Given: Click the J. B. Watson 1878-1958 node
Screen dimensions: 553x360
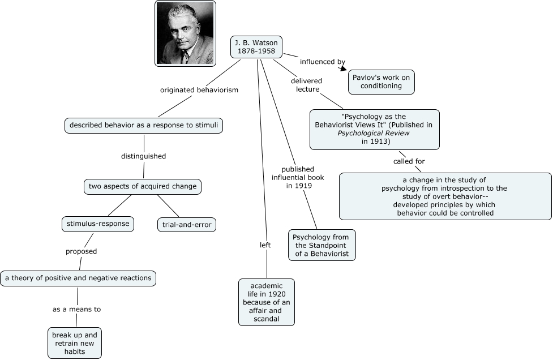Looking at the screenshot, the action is point(256,47).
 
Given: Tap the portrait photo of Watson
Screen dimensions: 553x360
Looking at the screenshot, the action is point(185,33).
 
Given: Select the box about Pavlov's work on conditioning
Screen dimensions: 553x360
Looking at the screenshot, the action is point(381,82).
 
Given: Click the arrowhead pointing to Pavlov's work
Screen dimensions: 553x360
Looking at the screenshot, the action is point(344,68).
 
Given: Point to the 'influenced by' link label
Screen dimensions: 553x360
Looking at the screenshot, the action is point(323,62).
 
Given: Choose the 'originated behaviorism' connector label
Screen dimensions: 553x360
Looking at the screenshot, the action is point(199,90).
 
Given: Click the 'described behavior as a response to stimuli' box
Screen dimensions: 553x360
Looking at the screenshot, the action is point(144,126).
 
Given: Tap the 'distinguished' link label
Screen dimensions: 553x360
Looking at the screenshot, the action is point(144,156).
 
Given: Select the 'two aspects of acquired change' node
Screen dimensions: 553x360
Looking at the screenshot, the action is point(143,187).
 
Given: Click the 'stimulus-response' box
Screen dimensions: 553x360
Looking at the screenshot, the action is point(98,224).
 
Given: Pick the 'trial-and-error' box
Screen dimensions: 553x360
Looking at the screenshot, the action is point(187,225).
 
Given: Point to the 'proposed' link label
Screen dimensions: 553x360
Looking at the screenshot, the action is point(81,251).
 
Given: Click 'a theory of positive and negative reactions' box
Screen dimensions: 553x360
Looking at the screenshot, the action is point(78,278).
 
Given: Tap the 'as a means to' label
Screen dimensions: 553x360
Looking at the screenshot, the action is point(76,309).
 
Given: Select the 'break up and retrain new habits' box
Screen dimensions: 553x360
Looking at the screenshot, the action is point(75,343).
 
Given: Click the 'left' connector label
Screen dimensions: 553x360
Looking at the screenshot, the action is point(265,245).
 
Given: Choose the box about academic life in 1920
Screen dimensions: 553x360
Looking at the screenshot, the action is point(267,302).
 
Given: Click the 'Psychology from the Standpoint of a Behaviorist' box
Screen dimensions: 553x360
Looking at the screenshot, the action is point(321,246).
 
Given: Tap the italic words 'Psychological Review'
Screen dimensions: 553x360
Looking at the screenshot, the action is point(374,133).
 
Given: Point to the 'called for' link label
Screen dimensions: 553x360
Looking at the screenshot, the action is point(409,161).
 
